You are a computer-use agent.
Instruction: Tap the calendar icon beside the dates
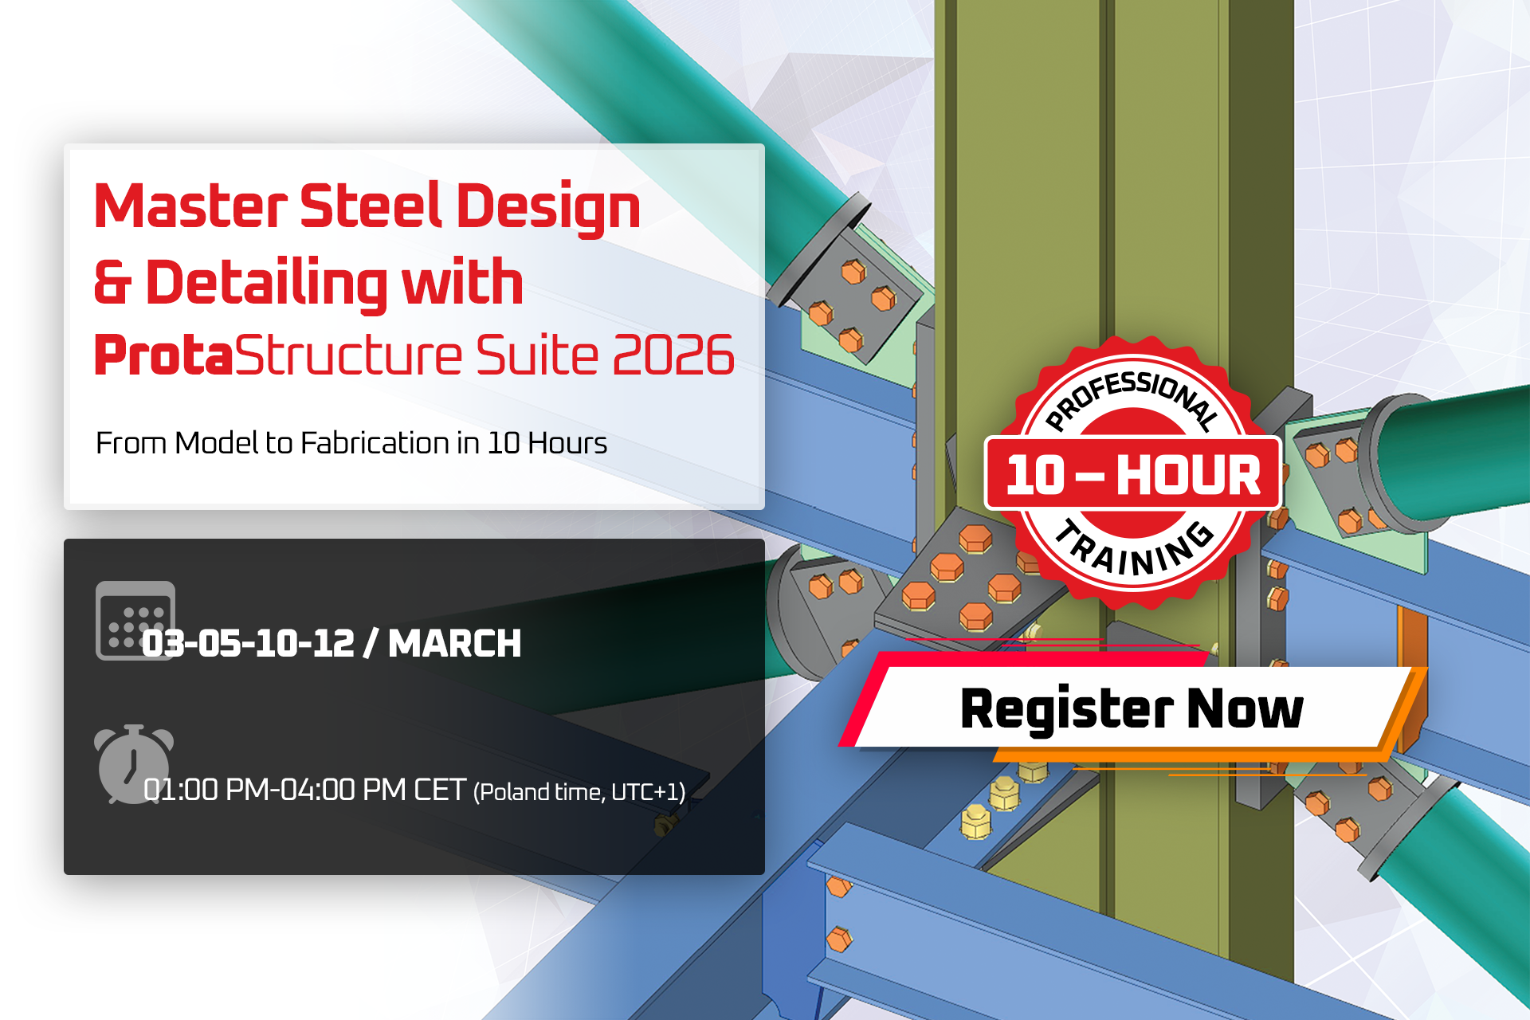coord(135,621)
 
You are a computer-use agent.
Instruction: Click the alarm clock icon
coord(133,763)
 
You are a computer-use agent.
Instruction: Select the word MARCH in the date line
coord(454,643)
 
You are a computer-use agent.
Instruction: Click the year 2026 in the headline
coord(673,355)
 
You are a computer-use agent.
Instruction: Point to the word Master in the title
coord(190,206)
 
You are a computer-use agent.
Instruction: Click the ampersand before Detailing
coord(112,282)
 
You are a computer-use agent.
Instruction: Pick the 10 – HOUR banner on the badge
coord(1132,474)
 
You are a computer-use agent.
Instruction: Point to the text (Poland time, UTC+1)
coord(579,792)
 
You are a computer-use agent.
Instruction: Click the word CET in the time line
coord(439,790)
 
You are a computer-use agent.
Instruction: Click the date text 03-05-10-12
coord(248,643)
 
